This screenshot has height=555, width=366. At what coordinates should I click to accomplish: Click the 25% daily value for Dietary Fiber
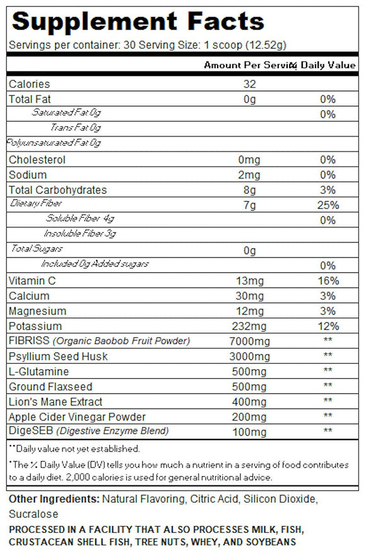coord(328,205)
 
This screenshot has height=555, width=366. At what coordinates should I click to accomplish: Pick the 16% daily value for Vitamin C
coord(328,281)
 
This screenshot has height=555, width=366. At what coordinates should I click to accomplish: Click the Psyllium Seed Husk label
coord(58,357)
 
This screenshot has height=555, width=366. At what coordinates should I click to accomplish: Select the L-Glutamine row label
coord(39,372)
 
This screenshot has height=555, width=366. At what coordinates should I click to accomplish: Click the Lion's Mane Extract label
coord(56,402)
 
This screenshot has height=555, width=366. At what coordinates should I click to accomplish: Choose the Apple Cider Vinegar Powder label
coord(77,417)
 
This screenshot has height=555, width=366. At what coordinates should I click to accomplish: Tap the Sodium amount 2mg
coord(251,175)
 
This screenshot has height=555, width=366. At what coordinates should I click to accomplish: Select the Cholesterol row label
coord(37,160)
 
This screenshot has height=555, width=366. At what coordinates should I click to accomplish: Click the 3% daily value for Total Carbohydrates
coord(328,190)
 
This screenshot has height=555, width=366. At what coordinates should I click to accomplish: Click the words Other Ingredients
coord(54,499)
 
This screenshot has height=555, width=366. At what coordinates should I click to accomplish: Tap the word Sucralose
coord(33,514)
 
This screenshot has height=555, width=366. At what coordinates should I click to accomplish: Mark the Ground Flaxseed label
coord(50,387)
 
